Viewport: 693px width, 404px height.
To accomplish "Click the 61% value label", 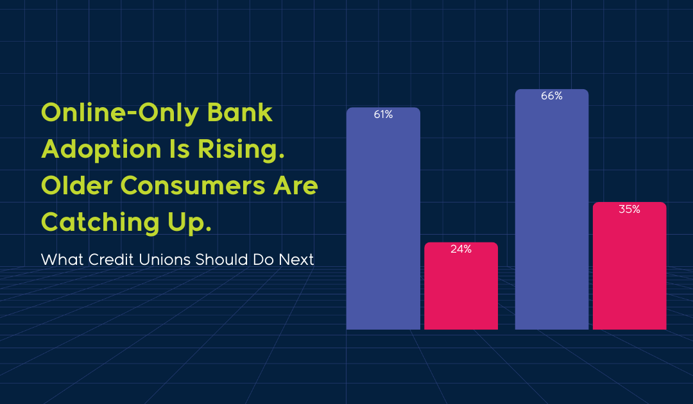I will click(383, 115).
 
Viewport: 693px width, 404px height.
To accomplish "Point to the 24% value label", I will click(461, 249).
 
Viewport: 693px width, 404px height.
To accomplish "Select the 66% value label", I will click(551, 96).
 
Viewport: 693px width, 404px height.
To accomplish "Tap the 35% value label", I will click(629, 209).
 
